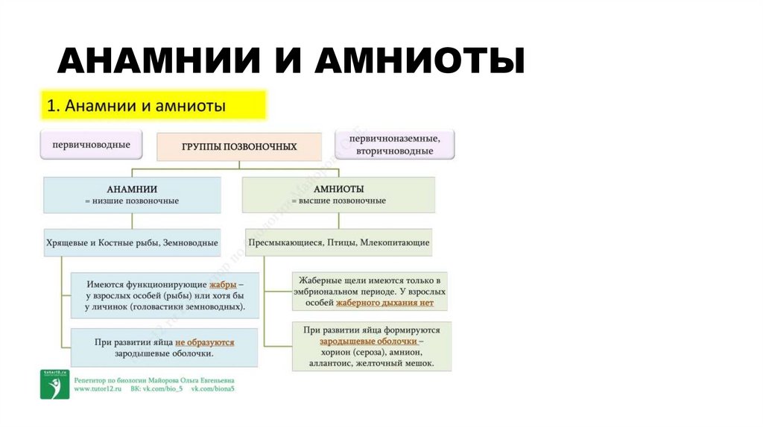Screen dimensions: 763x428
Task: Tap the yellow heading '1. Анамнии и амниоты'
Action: (152, 106)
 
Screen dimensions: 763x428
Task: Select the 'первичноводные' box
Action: (91, 145)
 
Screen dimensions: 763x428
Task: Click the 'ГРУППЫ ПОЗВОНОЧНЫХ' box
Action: (239, 147)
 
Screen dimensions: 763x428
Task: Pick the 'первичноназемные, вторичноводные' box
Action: (394, 145)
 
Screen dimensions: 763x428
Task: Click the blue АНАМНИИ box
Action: (132, 195)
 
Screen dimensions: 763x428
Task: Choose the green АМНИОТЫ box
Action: (338, 195)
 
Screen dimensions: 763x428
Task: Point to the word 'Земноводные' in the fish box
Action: (189, 242)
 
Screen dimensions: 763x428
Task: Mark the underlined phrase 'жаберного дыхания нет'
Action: (395, 303)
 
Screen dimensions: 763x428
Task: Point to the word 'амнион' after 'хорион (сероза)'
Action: (405, 352)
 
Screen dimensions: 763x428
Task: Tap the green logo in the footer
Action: (54, 385)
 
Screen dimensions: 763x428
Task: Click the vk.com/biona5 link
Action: (213, 389)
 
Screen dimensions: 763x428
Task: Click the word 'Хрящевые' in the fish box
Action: (69, 242)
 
